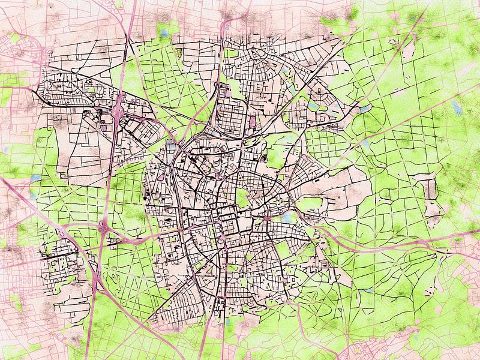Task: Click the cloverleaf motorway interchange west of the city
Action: point(102,229)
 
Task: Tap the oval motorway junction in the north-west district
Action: point(118,110)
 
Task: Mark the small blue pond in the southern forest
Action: point(367,290)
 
